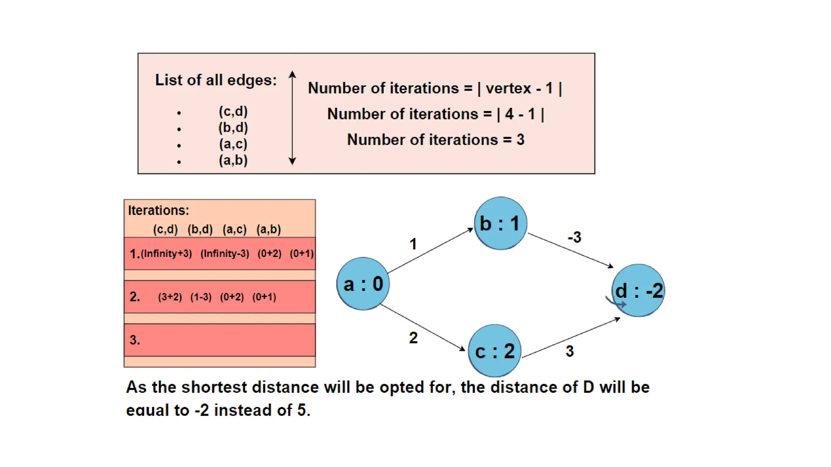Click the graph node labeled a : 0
(x=363, y=284)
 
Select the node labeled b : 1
(x=500, y=223)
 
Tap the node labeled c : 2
(x=495, y=351)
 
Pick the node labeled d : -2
(x=638, y=290)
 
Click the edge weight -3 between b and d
(x=574, y=237)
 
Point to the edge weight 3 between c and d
(x=569, y=351)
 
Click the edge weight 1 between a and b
(x=413, y=244)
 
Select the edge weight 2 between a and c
(x=413, y=338)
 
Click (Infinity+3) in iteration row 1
(x=166, y=254)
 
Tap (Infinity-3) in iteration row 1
(x=225, y=254)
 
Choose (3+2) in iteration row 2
(x=170, y=297)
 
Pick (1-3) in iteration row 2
(x=201, y=297)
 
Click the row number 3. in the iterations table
(x=135, y=340)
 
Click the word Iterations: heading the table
(x=158, y=210)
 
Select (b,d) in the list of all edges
(x=233, y=128)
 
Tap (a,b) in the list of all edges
(x=233, y=160)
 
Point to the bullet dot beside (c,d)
(x=179, y=113)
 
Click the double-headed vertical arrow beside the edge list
(x=292, y=118)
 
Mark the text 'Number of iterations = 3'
(x=435, y=140)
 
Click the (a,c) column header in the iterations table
(x=235, y=229)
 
